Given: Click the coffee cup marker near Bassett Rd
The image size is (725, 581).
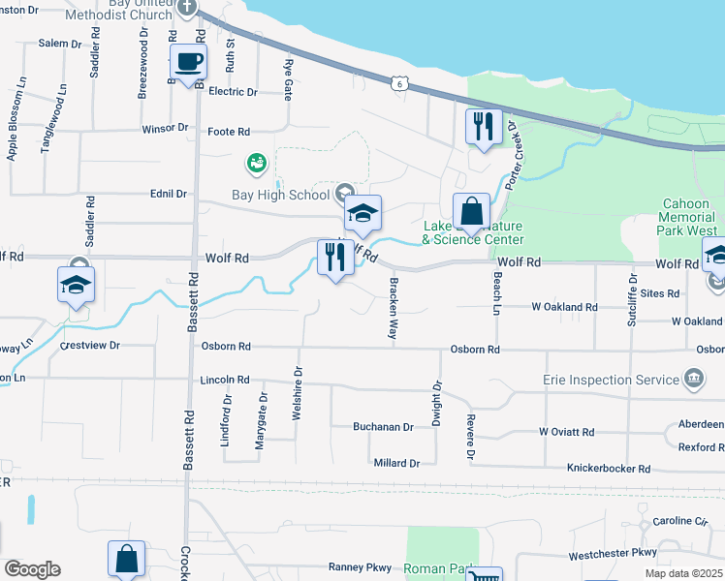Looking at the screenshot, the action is click(188, 63).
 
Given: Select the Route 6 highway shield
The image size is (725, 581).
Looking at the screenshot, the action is click(398, 84).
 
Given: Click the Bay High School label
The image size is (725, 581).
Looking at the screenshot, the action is click(281, 195).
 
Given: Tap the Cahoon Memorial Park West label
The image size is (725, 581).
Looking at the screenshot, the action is click(689, 217).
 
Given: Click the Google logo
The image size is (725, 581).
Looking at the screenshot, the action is click(32, 569).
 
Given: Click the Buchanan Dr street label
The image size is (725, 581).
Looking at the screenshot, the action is click(383, 426).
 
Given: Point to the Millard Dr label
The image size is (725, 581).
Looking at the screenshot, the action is click(396, 463).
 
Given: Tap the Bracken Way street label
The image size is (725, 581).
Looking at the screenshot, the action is click(394, 309).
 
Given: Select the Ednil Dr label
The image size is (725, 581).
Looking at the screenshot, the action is click(168, 194).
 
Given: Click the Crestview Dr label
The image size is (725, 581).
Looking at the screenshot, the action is click(89, 345).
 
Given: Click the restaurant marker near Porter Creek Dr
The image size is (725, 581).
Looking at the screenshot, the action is click(482, 127).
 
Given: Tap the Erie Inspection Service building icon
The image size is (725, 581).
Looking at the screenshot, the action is click(694, 377).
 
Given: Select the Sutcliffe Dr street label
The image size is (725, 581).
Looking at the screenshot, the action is click(632, 297).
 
